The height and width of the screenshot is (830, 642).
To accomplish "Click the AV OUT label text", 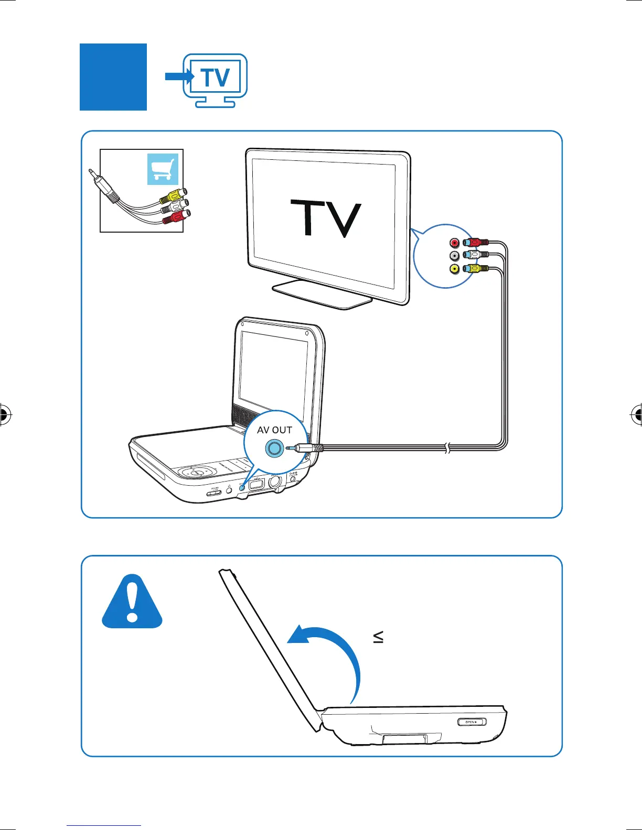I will (274, 430).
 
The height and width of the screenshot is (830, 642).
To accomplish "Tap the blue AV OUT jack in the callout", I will (274, 449).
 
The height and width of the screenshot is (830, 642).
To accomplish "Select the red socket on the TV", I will (454, 243).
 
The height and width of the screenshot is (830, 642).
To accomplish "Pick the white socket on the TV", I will (454, 256).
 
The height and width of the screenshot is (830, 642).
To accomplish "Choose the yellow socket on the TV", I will (454, 269).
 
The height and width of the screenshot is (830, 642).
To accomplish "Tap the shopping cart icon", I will (163, 169).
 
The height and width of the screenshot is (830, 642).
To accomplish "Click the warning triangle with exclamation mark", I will (132, 602).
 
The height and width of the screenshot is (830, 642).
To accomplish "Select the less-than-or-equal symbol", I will (378, 637).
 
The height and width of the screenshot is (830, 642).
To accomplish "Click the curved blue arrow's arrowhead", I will (298, 635).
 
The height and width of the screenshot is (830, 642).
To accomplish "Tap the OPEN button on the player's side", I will (472, 722).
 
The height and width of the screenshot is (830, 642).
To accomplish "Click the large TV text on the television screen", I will (326, 218).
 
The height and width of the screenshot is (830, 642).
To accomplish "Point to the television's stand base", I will (322, 294).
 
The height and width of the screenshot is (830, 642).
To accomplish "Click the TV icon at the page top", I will (215, 80).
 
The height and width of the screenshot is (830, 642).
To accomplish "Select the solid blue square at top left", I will (113, 77).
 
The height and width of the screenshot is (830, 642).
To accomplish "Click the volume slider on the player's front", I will (214, 493).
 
